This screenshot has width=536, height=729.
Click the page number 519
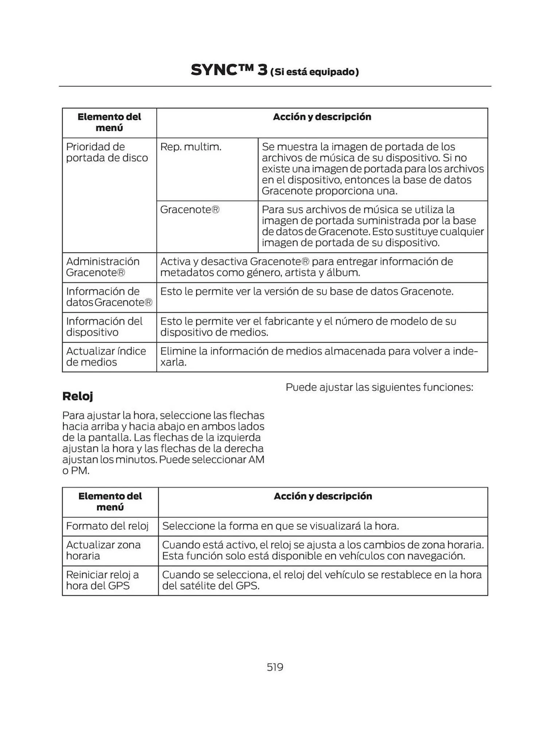(275, 667)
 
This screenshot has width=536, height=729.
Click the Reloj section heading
(78, 396)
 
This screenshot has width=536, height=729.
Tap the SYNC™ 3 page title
(229, 70)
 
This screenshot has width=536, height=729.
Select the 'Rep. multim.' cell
(191, 147)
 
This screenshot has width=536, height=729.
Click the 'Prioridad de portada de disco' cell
(107, 152)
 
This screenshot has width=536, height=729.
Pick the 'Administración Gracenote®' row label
(103, 267)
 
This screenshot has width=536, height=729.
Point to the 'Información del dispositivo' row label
(104, 327)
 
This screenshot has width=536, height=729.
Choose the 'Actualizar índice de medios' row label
(106, 356)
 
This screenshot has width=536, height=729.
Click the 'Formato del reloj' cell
(107, 526)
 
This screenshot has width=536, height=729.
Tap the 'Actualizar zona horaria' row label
(103, 550)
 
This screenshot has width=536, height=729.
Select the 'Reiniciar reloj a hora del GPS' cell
(102, 580)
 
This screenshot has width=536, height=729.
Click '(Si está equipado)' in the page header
(314, 72)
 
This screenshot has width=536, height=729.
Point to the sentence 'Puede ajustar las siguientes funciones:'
(379, 387)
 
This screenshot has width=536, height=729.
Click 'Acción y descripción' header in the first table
(322, 117)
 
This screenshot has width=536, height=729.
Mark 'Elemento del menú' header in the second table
(110, 502)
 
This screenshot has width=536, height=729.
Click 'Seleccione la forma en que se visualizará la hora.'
(281, 526)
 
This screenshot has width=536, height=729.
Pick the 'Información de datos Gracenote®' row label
(109, 297)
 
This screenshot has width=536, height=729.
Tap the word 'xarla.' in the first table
(173, 362)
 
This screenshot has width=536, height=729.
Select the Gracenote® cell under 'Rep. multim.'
(190, 210)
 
